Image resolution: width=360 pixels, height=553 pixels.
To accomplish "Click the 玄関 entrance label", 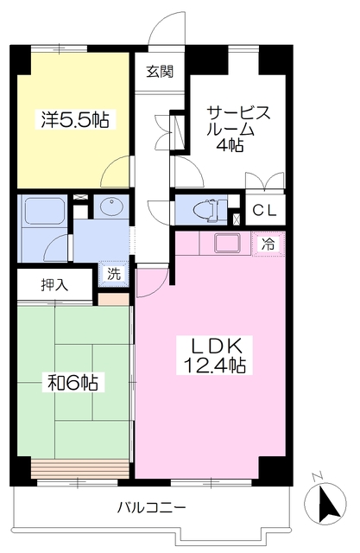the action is pyautogui.click(x=160, y=72).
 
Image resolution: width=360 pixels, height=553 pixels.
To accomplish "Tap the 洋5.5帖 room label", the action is pyautogui.click(x=75, y=119).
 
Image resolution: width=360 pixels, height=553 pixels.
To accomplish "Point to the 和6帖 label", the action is pyautogui.click(x=73, y=382).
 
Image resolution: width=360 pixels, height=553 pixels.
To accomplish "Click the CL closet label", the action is pyautogui.click(x=264, y=211).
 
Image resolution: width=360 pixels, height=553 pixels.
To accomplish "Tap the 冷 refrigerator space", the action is pyautogui.click(x=268, y=244).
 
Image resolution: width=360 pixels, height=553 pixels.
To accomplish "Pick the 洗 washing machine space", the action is pyautogui.click(x=114, y=274).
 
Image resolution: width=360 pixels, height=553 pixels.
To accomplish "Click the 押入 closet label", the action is pyautogui.click(x=54, y=284).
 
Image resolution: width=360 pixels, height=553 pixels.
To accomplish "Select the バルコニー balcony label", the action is pyautogui.click(x=151, y=508).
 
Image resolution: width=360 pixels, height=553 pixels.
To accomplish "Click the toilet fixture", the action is pyautogui.click(x=211, y=210).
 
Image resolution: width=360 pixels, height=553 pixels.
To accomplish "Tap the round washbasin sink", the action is pyautogui.click(x=111, y=206).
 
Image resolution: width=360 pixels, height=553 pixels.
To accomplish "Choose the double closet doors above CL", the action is pyautogui.click(x=265, y=181).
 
